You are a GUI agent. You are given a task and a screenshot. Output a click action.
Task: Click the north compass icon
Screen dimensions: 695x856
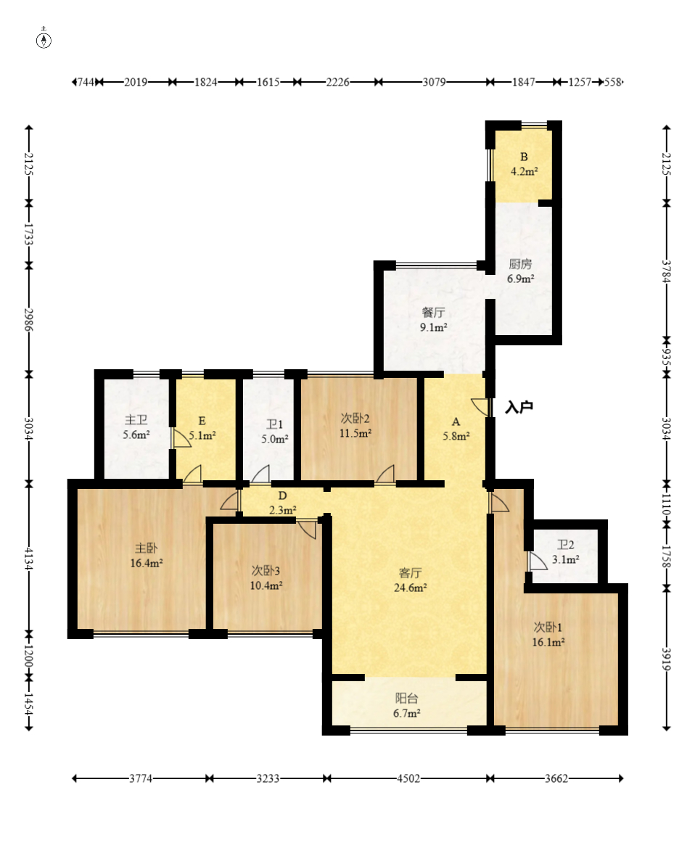(44, 40)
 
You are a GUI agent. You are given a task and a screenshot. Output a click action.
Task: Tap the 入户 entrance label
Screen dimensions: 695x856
(519, 407)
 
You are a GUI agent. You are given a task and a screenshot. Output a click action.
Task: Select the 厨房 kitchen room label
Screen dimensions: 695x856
(520, 264)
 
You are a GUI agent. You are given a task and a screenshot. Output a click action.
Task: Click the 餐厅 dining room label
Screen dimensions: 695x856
(433, 312)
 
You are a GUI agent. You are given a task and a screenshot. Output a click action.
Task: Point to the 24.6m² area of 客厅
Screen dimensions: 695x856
(410, 588)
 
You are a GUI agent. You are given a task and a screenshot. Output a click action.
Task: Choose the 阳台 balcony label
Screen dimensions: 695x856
(407, 699)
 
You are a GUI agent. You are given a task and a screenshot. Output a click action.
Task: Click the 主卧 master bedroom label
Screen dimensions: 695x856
(147, 548)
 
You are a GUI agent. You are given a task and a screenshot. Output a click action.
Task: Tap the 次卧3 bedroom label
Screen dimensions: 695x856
(266, 570)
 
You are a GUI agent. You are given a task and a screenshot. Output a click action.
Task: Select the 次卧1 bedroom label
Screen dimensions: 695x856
(548, 627)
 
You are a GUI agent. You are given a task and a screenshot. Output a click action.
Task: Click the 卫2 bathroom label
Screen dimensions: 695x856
(566, 545)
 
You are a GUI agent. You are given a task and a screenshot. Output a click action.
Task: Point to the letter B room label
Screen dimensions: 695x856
(524, 157)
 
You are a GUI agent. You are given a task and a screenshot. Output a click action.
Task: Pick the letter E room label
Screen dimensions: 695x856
(202, 421)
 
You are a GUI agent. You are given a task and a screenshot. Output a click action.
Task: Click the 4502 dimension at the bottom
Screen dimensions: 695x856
(408, 778)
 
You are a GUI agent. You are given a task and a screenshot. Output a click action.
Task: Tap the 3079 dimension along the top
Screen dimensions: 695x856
(434, 82)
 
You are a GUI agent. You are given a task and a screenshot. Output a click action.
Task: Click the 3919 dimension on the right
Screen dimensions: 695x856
(666, 659)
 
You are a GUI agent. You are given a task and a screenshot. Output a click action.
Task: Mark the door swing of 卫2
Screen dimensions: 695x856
(538, 561)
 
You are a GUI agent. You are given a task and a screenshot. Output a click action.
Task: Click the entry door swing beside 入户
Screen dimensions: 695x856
(480, 407)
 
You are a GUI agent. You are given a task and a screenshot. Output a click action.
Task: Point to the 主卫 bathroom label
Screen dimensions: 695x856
(136, 420)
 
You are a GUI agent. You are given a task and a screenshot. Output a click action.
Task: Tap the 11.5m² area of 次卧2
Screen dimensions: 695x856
(355, 434)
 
